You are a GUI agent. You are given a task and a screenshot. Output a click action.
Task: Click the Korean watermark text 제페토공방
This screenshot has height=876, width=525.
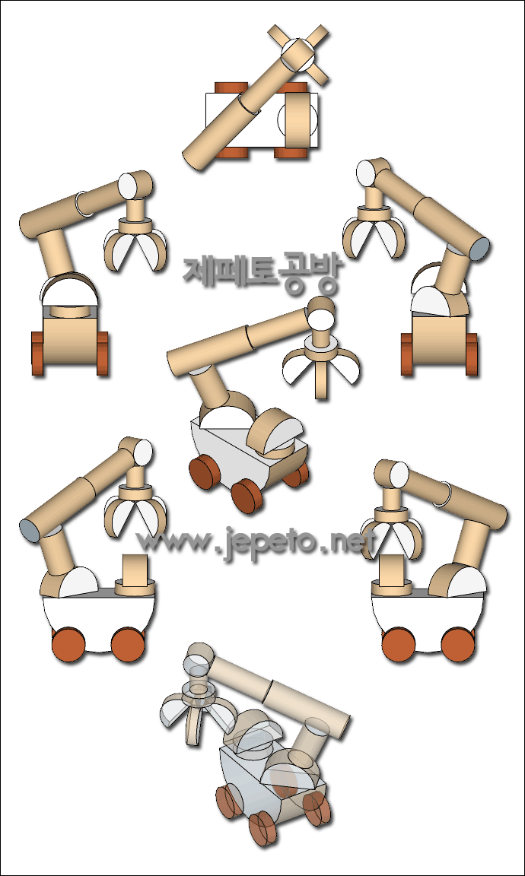(x=261, y=272)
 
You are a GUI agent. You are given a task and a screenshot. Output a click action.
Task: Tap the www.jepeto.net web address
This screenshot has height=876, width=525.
(x=256, y=542)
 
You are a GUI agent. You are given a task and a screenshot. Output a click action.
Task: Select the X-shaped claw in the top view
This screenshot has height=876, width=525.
(x=298, y=55)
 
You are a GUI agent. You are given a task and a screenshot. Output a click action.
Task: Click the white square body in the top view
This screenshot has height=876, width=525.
(x=262, y=120)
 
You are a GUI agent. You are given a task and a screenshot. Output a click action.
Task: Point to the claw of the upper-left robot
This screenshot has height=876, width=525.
(x=135, y=246)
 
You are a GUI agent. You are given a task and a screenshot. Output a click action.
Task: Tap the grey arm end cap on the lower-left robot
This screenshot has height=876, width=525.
(x=30, y=529)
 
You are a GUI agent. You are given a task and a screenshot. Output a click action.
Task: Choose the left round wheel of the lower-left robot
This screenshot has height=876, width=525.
(x=68, y=644)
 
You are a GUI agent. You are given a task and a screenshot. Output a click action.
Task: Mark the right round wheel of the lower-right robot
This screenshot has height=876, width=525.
(x=458, y=644)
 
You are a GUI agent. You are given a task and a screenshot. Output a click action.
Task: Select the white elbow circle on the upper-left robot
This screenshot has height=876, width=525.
(x=129, y=186)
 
